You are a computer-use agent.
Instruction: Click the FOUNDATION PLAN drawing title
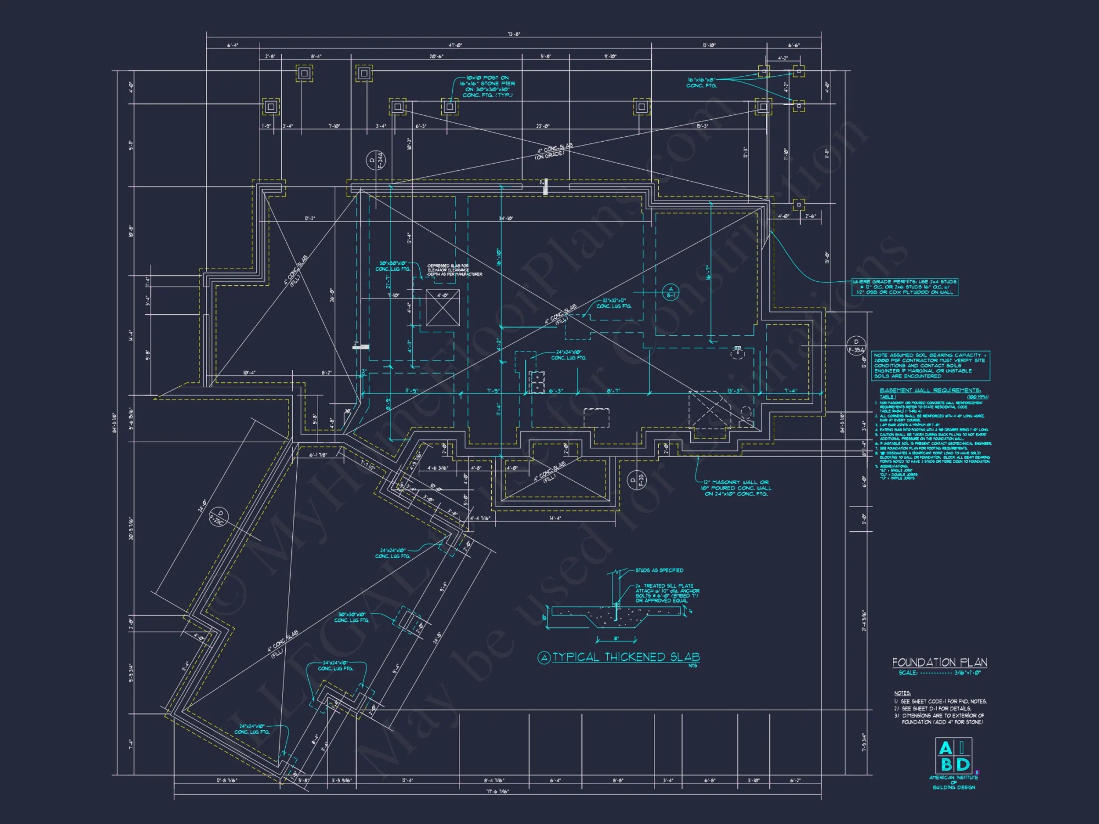pos(940,662)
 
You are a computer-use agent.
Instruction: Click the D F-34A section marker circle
pos(376,160)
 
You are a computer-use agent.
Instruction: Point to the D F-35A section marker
pos(856,346)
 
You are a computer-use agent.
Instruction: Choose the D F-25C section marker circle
pos(219,517)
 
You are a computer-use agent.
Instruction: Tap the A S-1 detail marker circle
pos(670,292)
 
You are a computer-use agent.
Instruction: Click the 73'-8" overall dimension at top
pos(513,34)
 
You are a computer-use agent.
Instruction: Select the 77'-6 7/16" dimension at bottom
pos(497,792)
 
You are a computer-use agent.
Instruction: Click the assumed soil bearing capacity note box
pos(930,366)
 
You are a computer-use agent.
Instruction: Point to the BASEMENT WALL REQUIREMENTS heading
pos(930,390)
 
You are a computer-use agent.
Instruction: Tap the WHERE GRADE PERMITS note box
pos(905,287)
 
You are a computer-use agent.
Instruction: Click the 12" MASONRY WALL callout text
pos(736,488)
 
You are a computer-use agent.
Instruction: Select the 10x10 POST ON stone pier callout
pos(488,86)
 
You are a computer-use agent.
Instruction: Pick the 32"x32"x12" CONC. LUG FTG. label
pos(614,303)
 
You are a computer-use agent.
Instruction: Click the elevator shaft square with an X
pos(442,308)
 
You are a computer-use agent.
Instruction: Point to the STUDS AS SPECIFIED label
pos(659,570)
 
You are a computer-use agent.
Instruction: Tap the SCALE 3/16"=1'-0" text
pos(940,672)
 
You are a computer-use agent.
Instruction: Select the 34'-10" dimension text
pos(506,219)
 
